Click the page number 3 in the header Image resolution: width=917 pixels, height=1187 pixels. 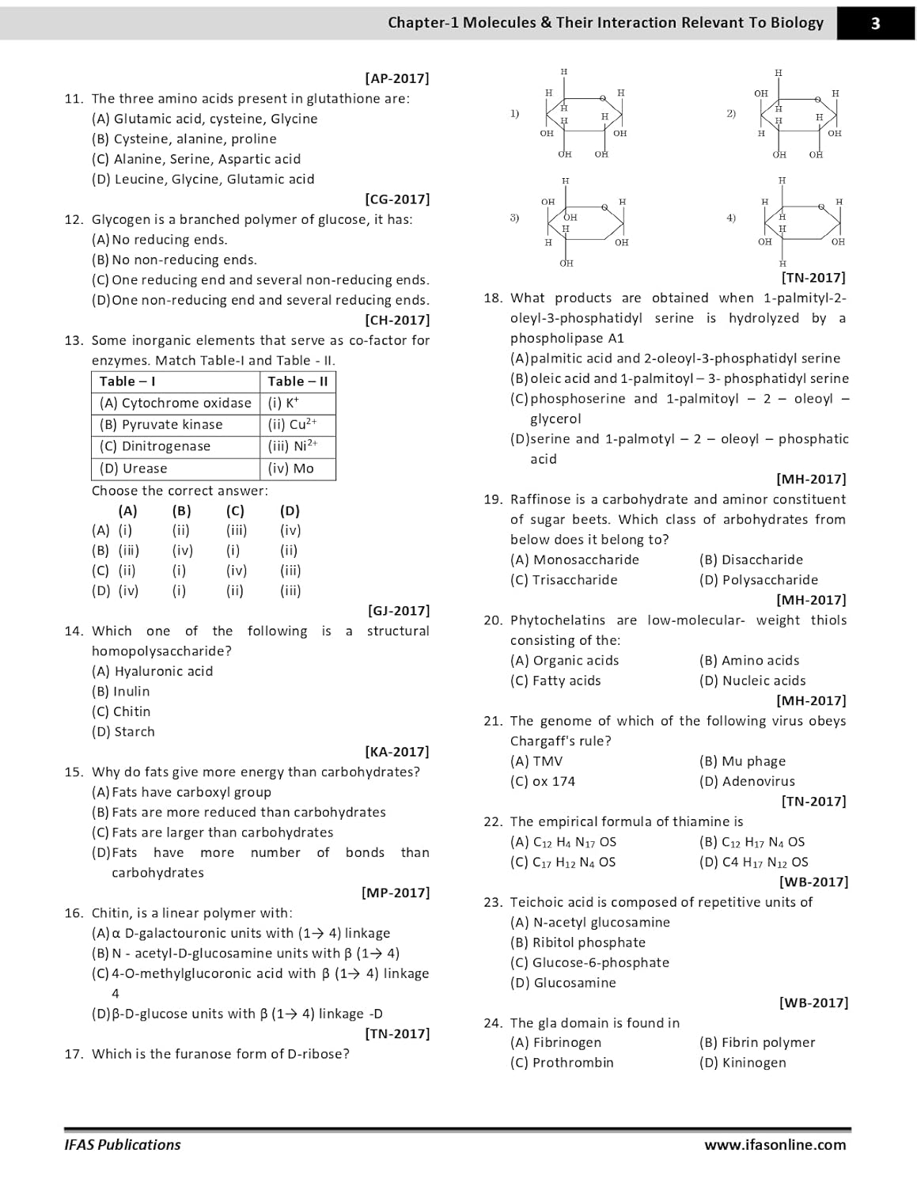[875, 23]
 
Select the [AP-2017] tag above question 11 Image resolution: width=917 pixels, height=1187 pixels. [397, 78]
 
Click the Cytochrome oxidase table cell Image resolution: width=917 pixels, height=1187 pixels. [176, 403]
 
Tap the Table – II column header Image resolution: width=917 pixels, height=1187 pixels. [297, 381]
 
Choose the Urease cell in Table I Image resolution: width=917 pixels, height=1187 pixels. [134, 468]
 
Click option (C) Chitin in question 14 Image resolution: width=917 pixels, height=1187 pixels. [121, 711]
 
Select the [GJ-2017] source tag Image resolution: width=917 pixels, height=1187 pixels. [399, 611]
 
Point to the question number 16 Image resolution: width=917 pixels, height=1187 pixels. [74, 913]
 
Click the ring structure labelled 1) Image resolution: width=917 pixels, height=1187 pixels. [584, 116]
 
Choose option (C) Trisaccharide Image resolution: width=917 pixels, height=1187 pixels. [563, 580]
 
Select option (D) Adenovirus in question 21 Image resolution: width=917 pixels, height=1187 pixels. [747, 781]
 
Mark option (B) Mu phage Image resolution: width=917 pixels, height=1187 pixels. [742, 761]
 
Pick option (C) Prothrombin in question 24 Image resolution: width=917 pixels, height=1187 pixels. [562, 1063]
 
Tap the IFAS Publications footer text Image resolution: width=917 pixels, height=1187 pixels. [123, 1145]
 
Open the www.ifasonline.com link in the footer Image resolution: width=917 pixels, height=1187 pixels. [775, 1145]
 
